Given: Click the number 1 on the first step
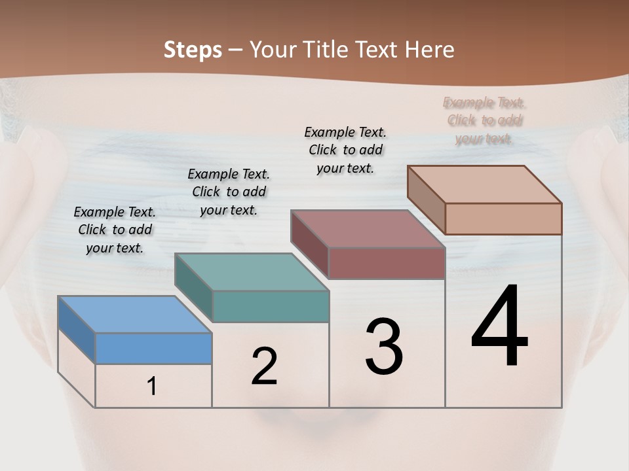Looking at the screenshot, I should [x=152, y=387].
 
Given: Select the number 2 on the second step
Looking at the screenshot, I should [x=264, y=366].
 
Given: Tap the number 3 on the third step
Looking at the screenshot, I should [x=384, y=347].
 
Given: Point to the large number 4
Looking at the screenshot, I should [x=500, y=326].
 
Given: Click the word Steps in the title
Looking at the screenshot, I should [x=193, y=50].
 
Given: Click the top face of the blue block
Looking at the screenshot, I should [x=134, y=315].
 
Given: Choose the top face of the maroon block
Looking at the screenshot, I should [x=368, y=229].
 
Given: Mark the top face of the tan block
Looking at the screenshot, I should [x=484, y=184].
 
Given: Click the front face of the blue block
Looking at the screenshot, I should [x=153, y=348].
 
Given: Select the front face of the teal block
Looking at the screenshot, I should [x=270, y=306].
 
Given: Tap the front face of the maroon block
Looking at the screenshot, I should [x=387, y=263].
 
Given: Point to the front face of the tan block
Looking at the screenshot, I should [x=503, y=218].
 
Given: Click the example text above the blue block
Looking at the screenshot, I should [x=115, y=230].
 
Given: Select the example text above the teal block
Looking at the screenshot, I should [x=229, y=192].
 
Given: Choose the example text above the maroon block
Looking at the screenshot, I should [x=345, y=150].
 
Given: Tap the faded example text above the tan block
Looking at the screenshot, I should [x=484, y=120].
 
